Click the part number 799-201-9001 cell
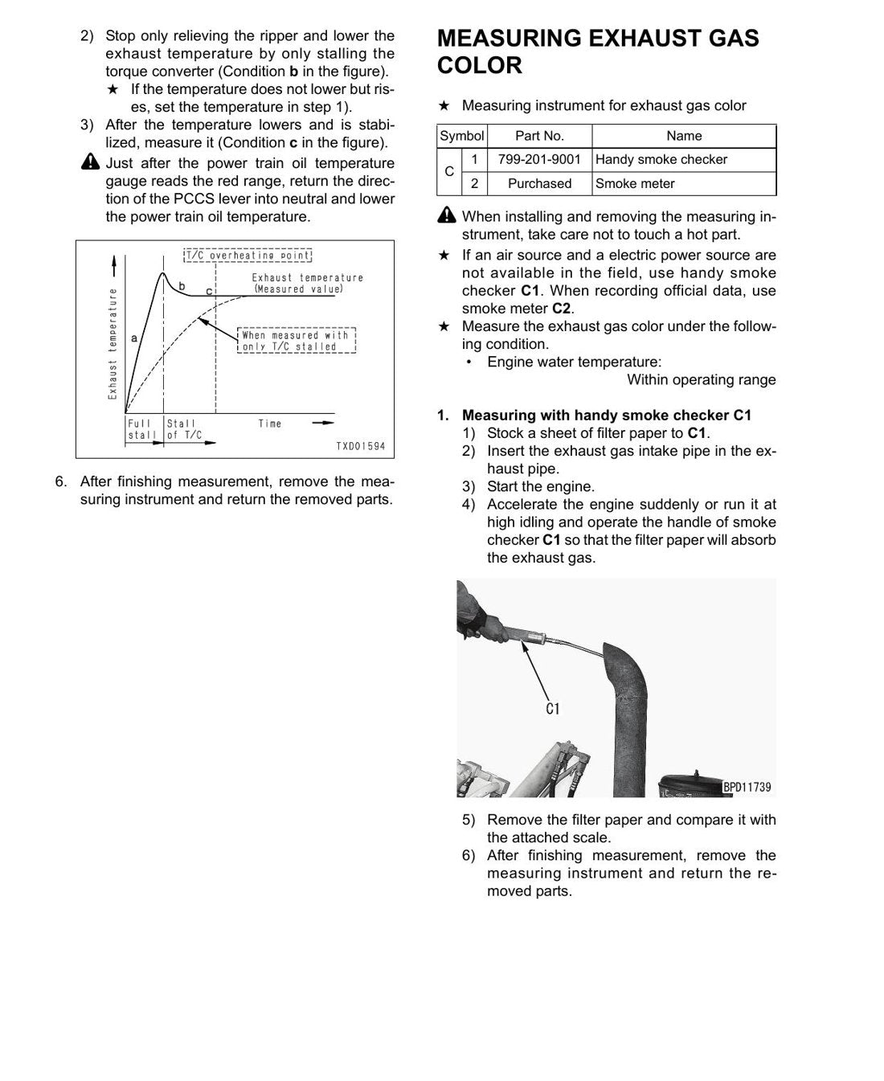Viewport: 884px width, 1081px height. [x=539, y=159]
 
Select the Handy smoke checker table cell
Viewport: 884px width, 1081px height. [x=684, y=159]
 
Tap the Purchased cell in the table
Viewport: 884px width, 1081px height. [x=539, y=183]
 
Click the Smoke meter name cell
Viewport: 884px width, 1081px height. [x=684, y=183]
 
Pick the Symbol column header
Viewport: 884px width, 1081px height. [x=462, y=136]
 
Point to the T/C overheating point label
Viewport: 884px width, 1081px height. [x=248, y=256]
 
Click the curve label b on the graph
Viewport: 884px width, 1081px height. [x=182, y=286]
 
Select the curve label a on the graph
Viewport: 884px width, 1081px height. [x=134, y=338]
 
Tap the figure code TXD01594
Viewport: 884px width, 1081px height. [x=361, y=446]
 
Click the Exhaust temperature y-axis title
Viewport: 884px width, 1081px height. [x=113, y=343]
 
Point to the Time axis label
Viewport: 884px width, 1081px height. [x=270, y=424]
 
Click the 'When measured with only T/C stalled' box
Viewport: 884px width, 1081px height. [x=297, y=340]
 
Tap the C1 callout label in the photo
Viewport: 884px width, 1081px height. [x=552, y=709]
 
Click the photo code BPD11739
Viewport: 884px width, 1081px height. [x=747, y=787]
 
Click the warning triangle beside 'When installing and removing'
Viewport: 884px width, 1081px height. [x=447, y=215]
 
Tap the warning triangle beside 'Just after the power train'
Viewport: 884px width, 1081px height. [x=90, y=162]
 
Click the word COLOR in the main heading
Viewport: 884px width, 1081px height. [x=480, y=65]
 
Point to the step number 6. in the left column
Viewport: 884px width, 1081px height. [x=61, y=481]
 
